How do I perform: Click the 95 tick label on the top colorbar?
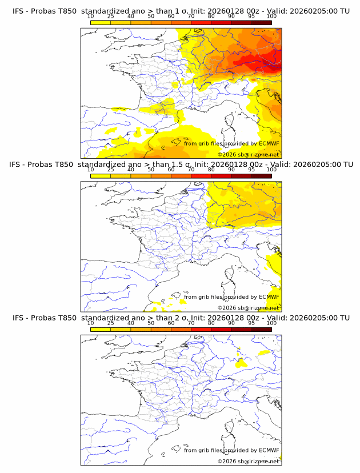click(x=251, y=16)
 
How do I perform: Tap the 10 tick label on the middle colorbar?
click(x=91, y=170)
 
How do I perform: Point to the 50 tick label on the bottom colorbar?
click(x=151, y=323)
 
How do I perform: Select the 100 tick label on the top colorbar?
click(x=271, y=16)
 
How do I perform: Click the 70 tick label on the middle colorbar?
click(x=191, y=170)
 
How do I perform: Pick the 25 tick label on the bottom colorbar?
click(x=111, y=323)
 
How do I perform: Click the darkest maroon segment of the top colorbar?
click(x=261, y=22)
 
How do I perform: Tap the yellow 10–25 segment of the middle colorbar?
click(x=101, y=176)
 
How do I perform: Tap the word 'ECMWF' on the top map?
click(x=269, y=143)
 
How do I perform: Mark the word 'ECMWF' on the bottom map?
click(x=269, y=451)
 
